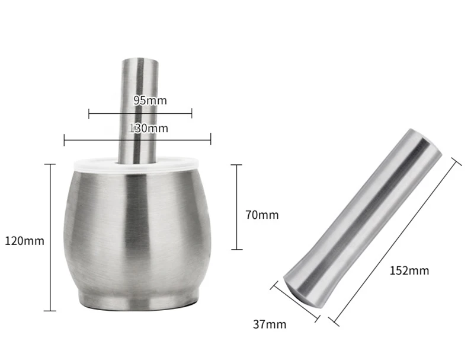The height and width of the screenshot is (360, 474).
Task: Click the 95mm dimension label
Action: click(150, 100)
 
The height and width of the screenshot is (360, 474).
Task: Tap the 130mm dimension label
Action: click(149, 128)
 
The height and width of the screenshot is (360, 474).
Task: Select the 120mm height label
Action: click(24, 241)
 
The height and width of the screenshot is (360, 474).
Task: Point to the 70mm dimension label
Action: click(262, 215)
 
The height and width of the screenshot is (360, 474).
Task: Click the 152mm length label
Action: click(409, 270)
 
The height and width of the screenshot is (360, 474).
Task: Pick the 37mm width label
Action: click(270, 324)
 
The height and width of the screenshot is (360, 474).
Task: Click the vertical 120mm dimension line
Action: click(50, 237)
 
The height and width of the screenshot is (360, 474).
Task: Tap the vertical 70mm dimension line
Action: click(236, 207)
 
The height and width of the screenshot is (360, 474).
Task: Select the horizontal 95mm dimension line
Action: click(140, 114)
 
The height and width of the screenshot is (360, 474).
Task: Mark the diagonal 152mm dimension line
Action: click(395, 242)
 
